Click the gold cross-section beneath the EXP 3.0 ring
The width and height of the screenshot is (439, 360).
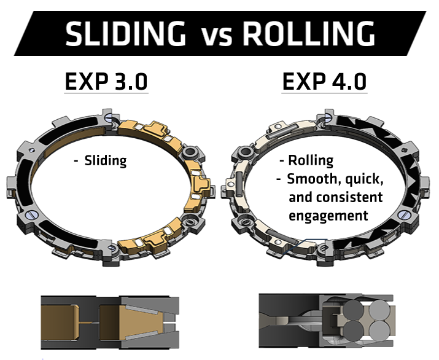point(111,323)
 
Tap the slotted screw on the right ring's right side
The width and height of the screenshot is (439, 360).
point(404,214)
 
